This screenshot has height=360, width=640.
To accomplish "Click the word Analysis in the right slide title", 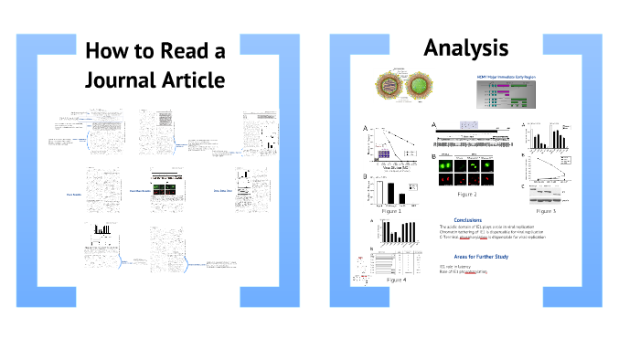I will [466, 48].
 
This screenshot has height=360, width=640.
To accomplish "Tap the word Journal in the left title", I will [122, 80].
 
